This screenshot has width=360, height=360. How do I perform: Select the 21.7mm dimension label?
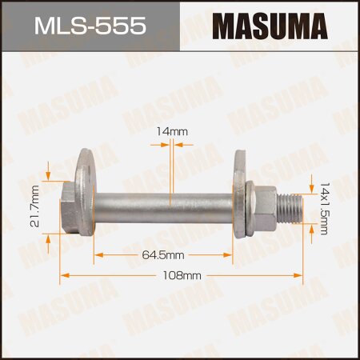[x=34, y=206]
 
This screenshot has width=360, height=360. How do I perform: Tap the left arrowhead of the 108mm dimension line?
[x=64, y=274]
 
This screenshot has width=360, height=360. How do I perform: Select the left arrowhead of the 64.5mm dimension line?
[x=98, y=255]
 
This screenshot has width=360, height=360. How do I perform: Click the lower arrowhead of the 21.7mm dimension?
[x=50, y=238]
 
